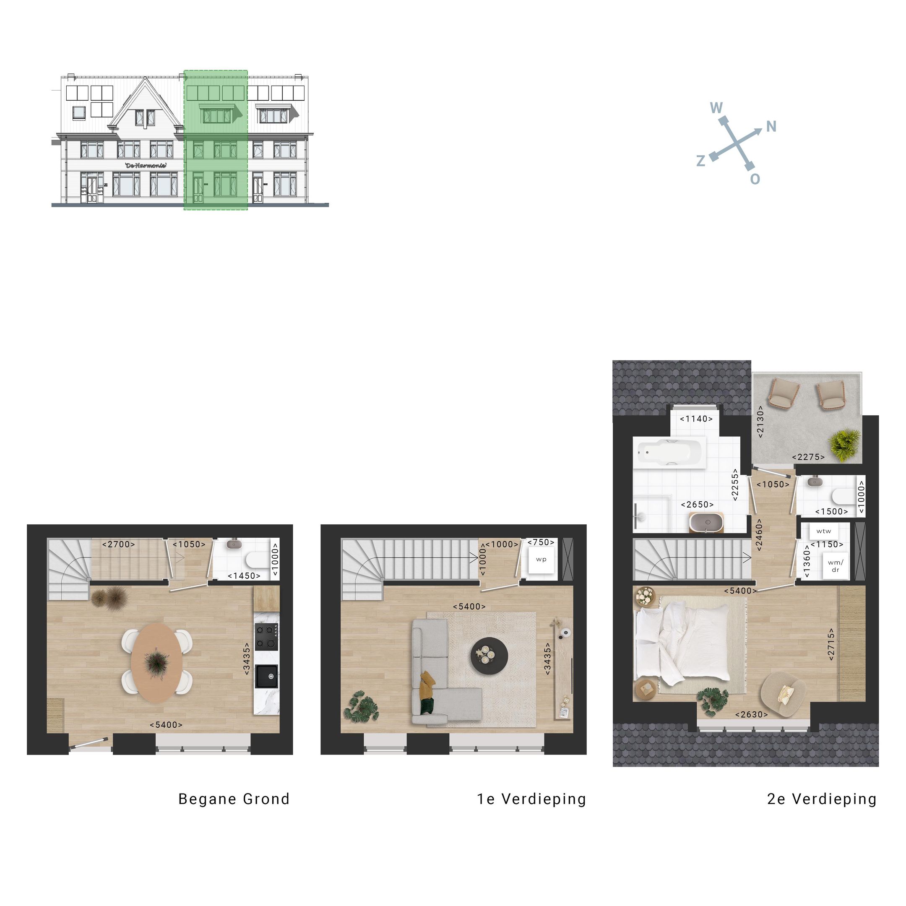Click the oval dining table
pyautogui.click(x=156, y=662)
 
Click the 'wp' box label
pyautogui.click(x=541, y=560)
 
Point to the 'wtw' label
pyautogui.click(x=823, y=531)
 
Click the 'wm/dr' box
pyautogui.click(x=835, y=566)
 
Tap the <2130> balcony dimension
pyautogui.click(x=760, y=422)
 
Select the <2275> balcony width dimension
pyautogui.click(x=808, y=457)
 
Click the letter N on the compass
pyautogui.click(x=771, y=126)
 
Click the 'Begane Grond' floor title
pyautogui.click(x=234, y=799)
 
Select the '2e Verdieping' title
pyautogui.click(x=822, y=799)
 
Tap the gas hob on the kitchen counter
pyautogui.click(x=266, y=636)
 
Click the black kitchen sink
pyautogui.click(x=266, y=676)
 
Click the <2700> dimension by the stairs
pyautogui.click(x=119, y=544)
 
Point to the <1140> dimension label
pyautogui.click(x=696, y=419)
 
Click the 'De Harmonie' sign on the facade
pyautogui.click(x=146, y=166)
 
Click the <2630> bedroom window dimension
pyautogui.click(x=751, y=715)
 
